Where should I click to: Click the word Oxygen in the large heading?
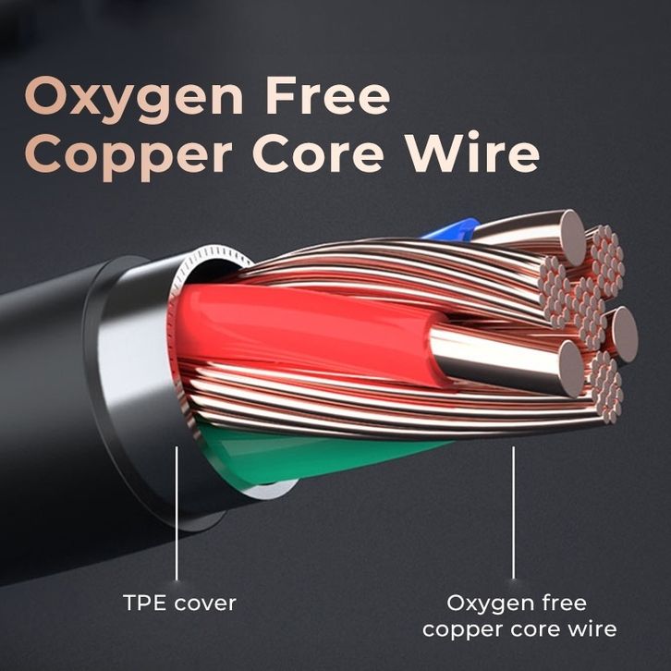coord(134,100)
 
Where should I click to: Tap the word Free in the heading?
coord(328,95)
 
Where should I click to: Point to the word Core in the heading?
coord(318,152)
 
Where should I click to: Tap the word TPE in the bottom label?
coord(144,603)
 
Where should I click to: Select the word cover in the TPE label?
coord(205,604)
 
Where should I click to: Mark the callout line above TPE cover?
coord(177,513)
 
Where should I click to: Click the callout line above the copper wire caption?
coord(514,513)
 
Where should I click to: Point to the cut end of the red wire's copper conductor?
coord(571,369)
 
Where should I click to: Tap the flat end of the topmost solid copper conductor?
coord(573,238)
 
